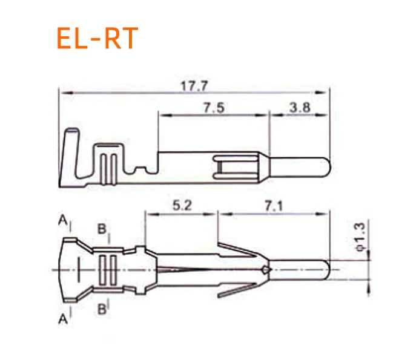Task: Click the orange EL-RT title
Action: pos(97,38)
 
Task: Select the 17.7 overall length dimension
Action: pos(194,86)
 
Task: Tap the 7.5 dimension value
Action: pos(214,108)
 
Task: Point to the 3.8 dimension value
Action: pos(300,107)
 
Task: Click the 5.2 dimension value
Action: pos(182,206)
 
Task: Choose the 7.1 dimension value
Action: pos(274,206)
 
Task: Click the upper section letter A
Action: pos(63,220)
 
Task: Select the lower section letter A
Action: pos(63,319)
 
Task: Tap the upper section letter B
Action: pos(102,229)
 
